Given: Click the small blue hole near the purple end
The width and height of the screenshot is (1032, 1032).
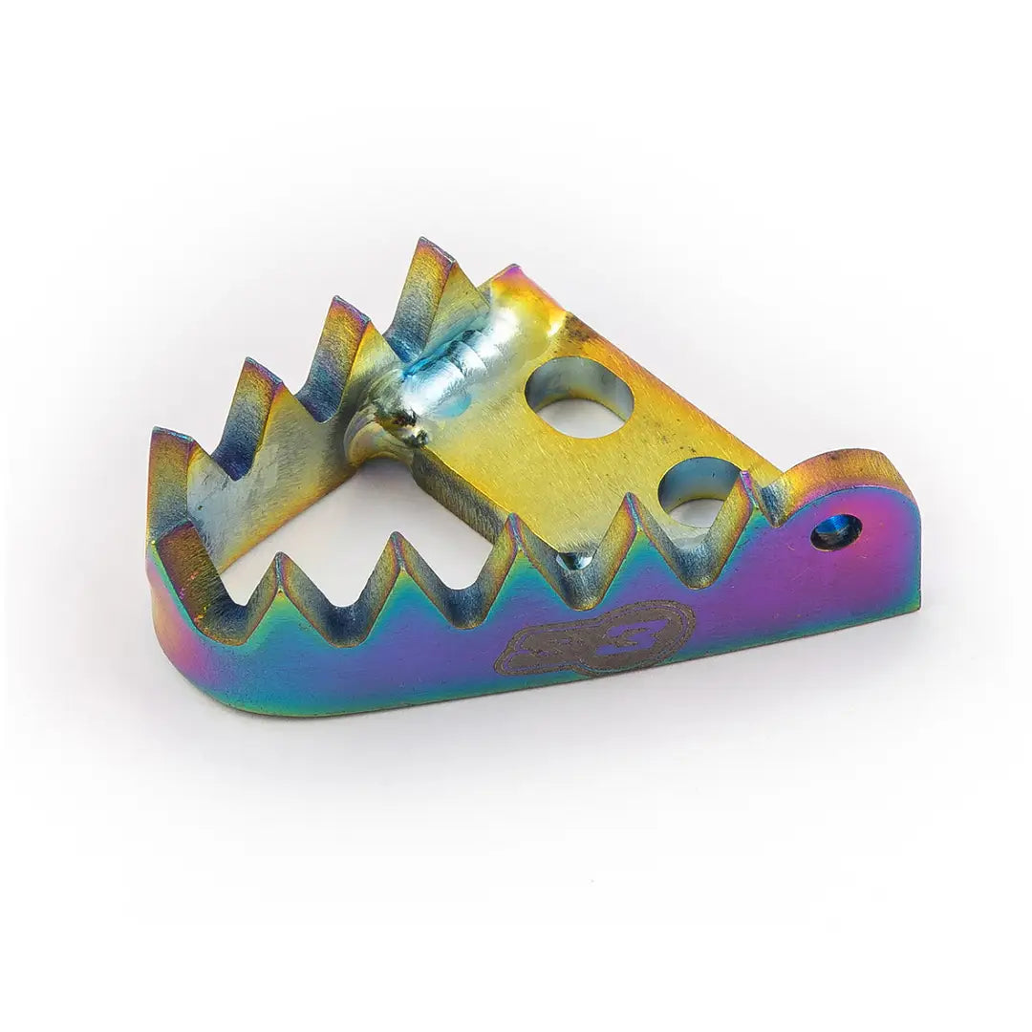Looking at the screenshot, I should [836, 531].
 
